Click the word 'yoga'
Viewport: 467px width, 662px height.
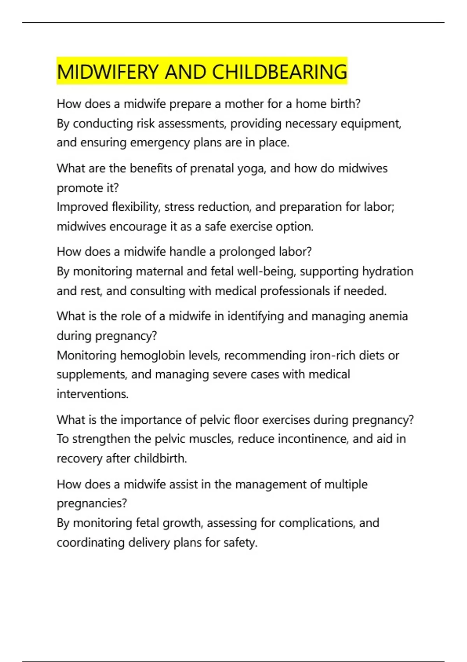(x=251, y=169)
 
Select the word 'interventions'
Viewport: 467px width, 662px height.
(x=92, y=394)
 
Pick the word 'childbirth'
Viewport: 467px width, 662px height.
(x=160, y=459)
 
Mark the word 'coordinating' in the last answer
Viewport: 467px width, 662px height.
(x=90, y=543)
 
